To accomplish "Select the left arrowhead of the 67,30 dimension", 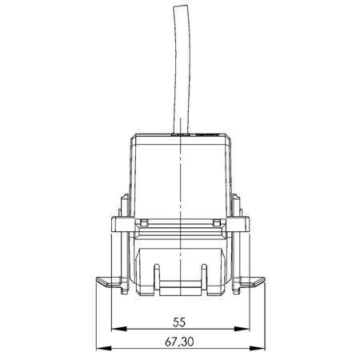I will click(100, 348).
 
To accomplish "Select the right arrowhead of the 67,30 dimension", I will click(262, 348).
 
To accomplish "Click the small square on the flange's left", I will click(143, 222).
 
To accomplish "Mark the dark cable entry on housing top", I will click(183, 136).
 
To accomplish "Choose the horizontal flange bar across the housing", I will click(182, 216).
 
